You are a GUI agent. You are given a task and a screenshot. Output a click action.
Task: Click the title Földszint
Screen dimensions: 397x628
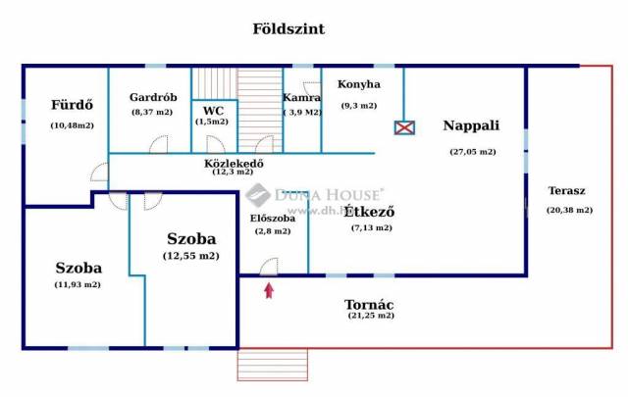coord(289,29)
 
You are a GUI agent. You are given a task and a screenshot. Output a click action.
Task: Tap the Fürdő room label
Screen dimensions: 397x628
coord(71,105)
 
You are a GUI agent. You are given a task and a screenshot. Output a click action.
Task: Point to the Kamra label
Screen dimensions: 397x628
coord(301,98)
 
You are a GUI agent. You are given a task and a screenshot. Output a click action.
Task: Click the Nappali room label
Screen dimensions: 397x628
coord(471,125)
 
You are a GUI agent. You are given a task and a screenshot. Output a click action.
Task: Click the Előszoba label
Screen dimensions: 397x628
coord(272,218)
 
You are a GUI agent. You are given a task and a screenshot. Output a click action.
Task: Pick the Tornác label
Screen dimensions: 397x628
coord(371,303)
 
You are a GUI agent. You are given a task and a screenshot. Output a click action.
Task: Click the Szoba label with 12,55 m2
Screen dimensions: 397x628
coord(191,238)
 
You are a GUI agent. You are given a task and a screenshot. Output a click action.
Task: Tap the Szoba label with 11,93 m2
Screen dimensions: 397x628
coord(78,267)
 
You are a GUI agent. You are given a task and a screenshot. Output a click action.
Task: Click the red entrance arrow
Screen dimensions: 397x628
coord(269,288)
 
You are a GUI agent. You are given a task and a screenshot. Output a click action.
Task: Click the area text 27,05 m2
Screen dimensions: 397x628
coord(472,152)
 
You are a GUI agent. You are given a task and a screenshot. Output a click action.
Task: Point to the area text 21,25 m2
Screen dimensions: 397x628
coord(371,316)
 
